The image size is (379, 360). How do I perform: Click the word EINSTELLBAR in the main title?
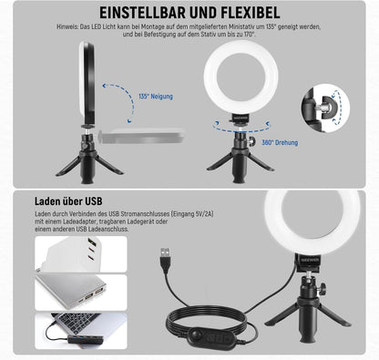coord(142,13)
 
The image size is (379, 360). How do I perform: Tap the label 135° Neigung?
coord(156,97)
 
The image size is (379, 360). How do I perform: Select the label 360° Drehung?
coord(280,142)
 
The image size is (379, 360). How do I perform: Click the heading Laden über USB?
coord(68,201)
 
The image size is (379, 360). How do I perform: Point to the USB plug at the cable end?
coord(165,258)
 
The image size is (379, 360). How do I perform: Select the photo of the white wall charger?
coord(81,254)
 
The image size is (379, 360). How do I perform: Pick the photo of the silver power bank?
coord(81,293)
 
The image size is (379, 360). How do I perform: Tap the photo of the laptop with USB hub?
coord(81,331)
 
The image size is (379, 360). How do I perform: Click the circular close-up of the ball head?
coord(325,108)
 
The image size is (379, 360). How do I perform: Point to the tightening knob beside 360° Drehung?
coord(252,140)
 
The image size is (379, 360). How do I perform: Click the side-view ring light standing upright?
coord(87,80)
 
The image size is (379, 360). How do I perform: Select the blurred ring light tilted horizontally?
coord(142,136)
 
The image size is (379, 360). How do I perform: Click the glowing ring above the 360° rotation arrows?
coord(241,77)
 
